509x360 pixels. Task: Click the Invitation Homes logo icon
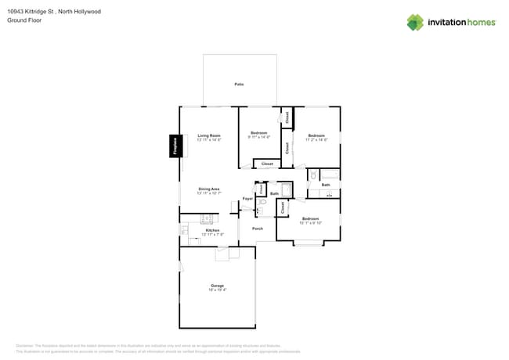(x=415, y=22)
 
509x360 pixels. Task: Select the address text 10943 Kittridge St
(x=34, y=12)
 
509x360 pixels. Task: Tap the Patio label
(x=239, y=84)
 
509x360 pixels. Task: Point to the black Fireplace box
(x=175, y=146)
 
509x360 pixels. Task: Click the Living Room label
(x=209, y=135)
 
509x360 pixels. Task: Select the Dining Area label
(x=209, y=189)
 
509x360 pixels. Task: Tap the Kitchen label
(x=212, y=230)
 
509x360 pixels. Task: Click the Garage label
(x=217, y=286)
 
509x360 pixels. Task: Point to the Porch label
(x=257, y=229)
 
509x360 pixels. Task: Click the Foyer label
(x=247, y=199)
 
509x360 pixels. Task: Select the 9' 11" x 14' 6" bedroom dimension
(x=258, y=137)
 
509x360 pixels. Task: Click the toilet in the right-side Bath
(x=312, y=177)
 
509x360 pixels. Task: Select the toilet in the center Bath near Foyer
(x=262, y=202)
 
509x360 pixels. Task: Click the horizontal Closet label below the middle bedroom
(x=267, y=164)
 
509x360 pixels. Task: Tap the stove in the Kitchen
(x=184, y=230)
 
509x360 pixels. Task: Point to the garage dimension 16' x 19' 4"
(x=217, y=290)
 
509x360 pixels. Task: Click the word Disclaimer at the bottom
(x=24, y=345)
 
